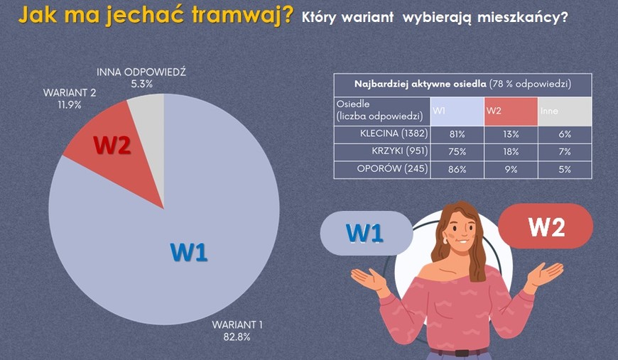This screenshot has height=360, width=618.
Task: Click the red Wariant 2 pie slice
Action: click(x=107, y=142)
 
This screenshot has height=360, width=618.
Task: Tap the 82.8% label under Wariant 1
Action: click(x=237, y=337)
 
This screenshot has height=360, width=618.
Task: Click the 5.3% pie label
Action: click(x=142, y=84)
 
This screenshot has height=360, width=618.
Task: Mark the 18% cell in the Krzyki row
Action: click(x=510, y=152)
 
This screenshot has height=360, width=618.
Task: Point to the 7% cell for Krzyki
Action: click(x=565, y=152)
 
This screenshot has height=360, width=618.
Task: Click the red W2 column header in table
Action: click(x=510, y=111)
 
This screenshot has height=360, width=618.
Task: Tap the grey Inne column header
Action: click(x=565, y=111)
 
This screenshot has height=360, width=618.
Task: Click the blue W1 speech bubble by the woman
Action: click(x=366, y=233)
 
